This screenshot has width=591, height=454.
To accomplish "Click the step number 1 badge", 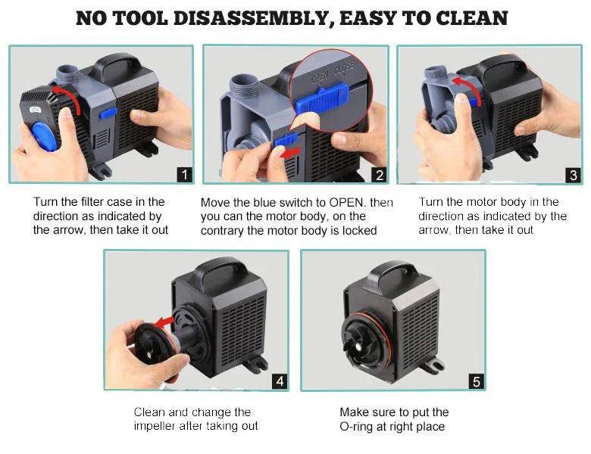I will (x=183, y=176).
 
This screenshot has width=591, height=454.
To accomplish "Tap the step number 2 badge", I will (x=379, y=176).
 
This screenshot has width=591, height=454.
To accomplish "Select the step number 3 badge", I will (x=573, y=176).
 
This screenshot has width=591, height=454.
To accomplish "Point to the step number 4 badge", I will (x=280, y=381).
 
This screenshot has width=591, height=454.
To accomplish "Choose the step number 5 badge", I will (x=476, y=381).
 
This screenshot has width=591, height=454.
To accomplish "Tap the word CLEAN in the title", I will (x=473, y=18).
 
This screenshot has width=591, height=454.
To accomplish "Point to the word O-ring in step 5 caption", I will (x=360, y=427).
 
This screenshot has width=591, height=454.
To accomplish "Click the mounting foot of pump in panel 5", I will (x=433, y=368).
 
